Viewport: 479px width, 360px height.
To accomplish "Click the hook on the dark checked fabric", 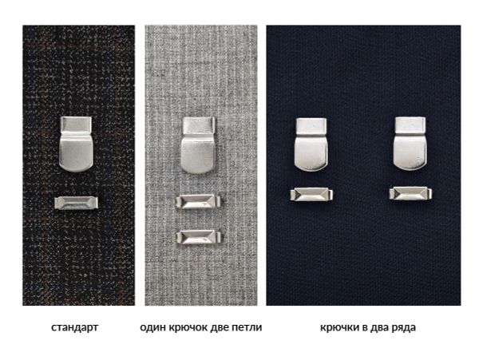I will point(77,146).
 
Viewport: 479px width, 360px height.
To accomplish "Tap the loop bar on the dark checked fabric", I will point(77,202).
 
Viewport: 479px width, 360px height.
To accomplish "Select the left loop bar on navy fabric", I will point(311,193).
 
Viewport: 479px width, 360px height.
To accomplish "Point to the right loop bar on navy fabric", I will point(410,193).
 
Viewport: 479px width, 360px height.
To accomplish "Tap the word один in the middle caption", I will point(152,327).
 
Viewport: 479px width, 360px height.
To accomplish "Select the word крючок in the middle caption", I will point(188,327).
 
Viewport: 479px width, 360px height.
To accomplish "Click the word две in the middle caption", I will point(223,327).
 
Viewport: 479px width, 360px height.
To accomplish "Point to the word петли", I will point(248,327).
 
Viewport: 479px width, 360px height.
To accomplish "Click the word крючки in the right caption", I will point(338,327).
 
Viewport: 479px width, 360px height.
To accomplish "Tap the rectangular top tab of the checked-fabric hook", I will point(77,125).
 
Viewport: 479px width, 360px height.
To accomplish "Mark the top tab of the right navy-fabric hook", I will point(410,125).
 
